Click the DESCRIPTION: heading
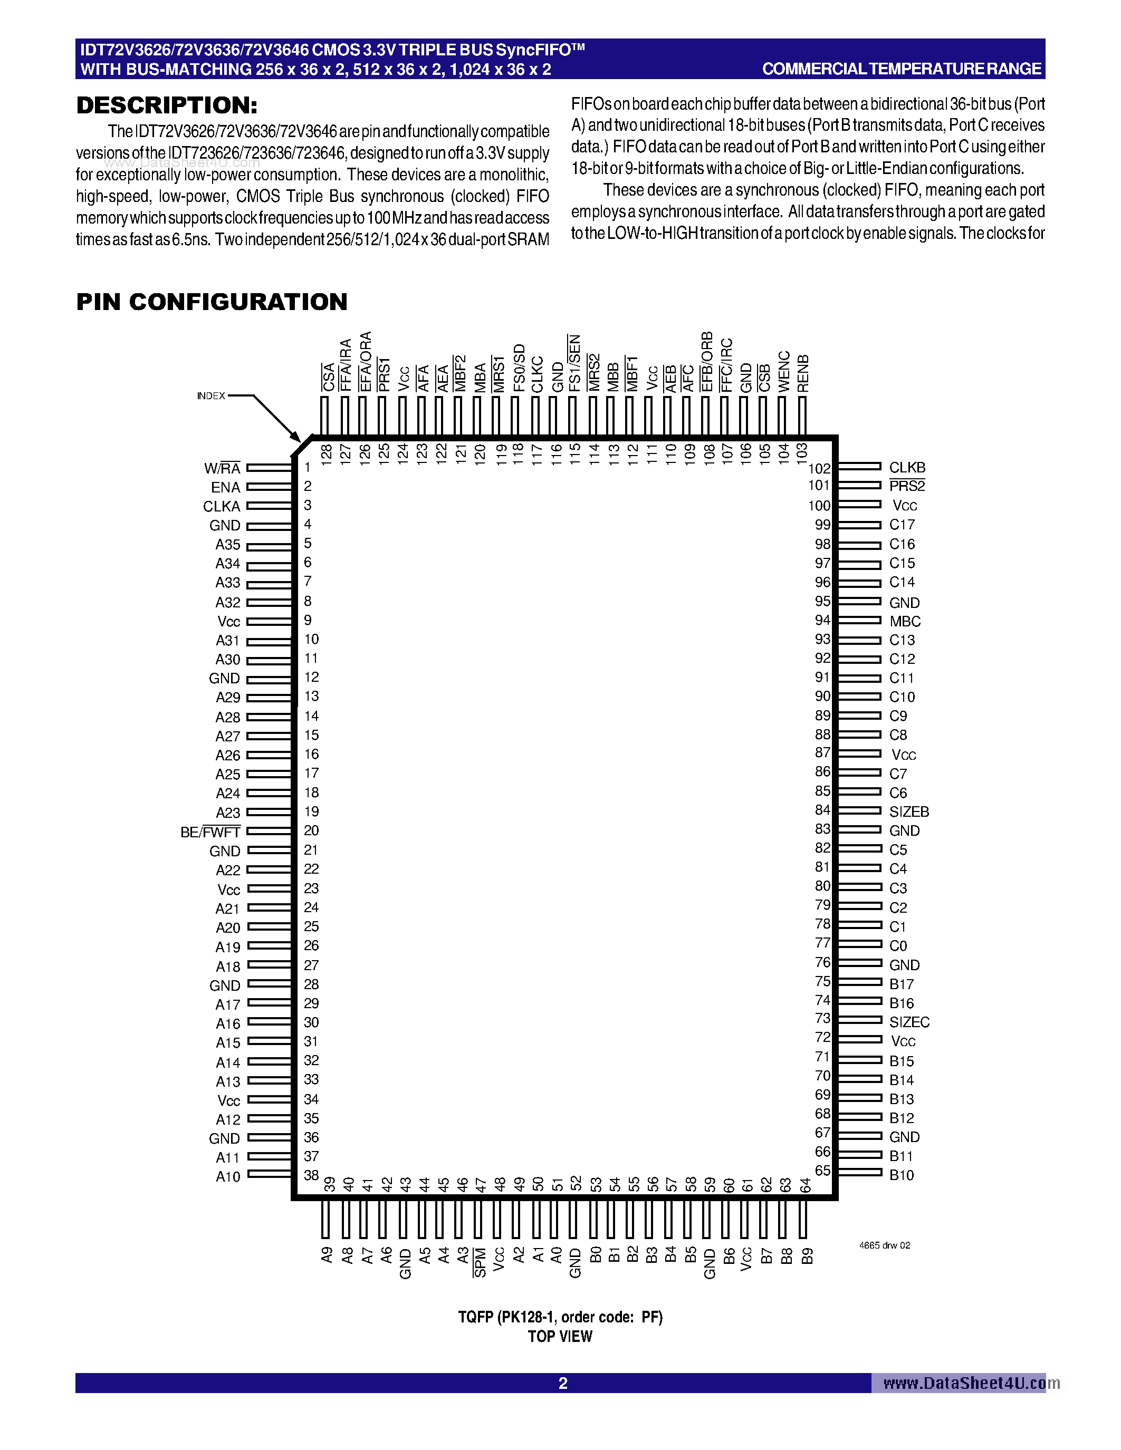[167, 105]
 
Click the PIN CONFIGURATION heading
[212, 302]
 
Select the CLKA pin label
[221, 507]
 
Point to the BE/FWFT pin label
[210, 832]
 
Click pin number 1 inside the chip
[308, 467]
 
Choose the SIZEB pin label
[908, 811]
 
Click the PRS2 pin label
[906, 486]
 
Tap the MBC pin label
[905, 622]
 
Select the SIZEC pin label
[908, 1022]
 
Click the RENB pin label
[803, 374]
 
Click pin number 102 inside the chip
[818, 469]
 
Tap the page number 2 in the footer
[562, 1383]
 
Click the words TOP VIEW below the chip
[560, 1337]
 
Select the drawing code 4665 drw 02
[885, 1245]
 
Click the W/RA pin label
[222, 468]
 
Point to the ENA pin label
[225, 487]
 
